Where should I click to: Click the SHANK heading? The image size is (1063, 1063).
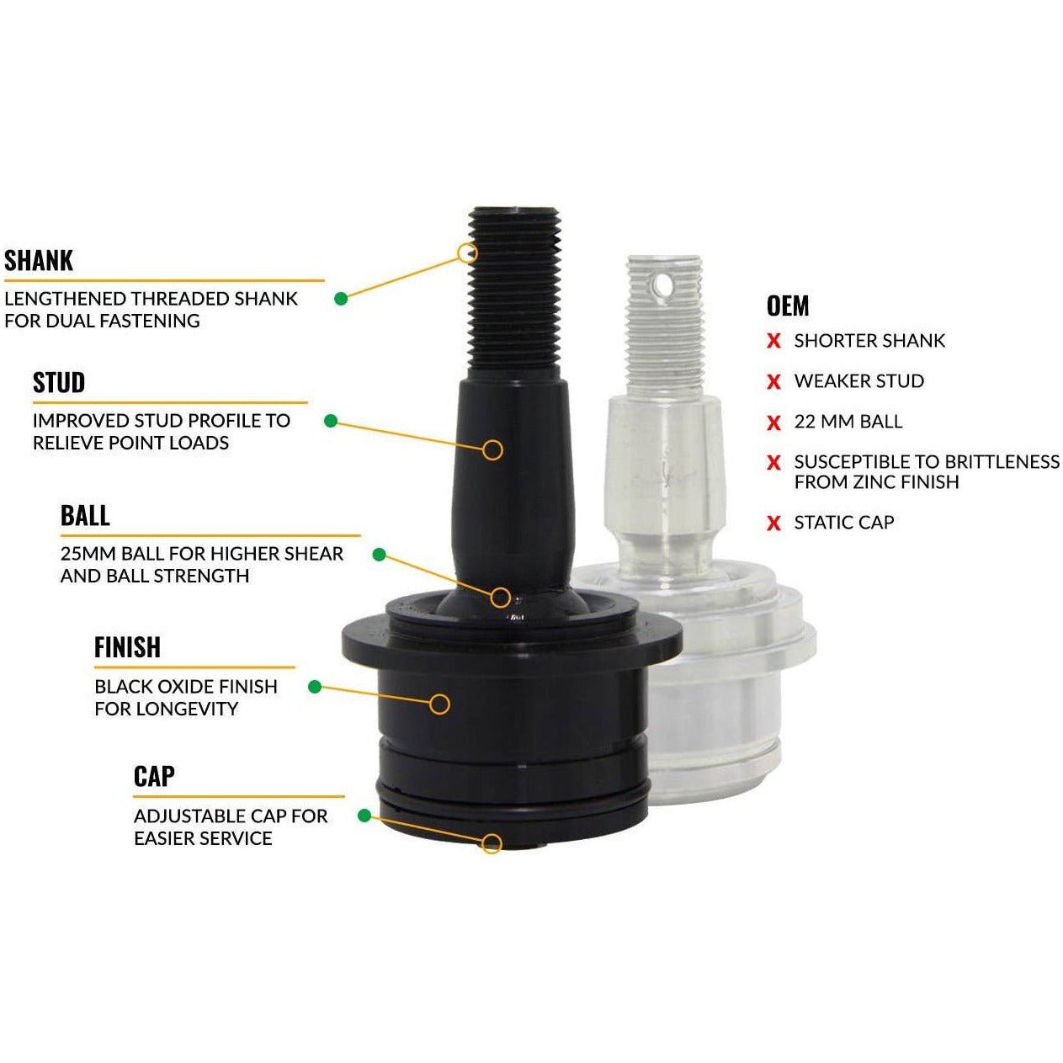tap(39, 261)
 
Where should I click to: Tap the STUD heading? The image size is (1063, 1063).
tap(59, 383)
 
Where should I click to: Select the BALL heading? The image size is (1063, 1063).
tap(85, 516)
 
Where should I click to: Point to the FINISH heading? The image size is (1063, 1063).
tap(127, 647)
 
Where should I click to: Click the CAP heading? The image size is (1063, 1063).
tap(154, 777)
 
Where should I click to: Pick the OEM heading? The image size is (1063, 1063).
tap(788, 306)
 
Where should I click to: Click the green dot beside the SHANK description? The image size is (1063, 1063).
tap(341, 298)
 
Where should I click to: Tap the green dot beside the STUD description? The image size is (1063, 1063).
tap(331, 420)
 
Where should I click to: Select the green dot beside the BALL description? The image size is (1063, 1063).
tap(379, 555)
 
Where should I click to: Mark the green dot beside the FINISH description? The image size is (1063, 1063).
tap(315, 687)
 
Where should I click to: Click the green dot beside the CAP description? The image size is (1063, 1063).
tap(364, 816)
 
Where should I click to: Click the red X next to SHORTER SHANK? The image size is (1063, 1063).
tap(773, 342)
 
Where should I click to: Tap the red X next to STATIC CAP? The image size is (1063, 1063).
tap(773, 524)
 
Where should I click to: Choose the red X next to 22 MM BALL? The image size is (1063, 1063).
tap(773, 423)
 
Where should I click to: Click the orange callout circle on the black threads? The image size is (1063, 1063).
tap(467, 252)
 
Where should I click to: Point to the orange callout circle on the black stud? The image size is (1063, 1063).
tap(493, 449)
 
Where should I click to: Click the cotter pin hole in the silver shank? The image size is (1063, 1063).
tap(665, 286)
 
